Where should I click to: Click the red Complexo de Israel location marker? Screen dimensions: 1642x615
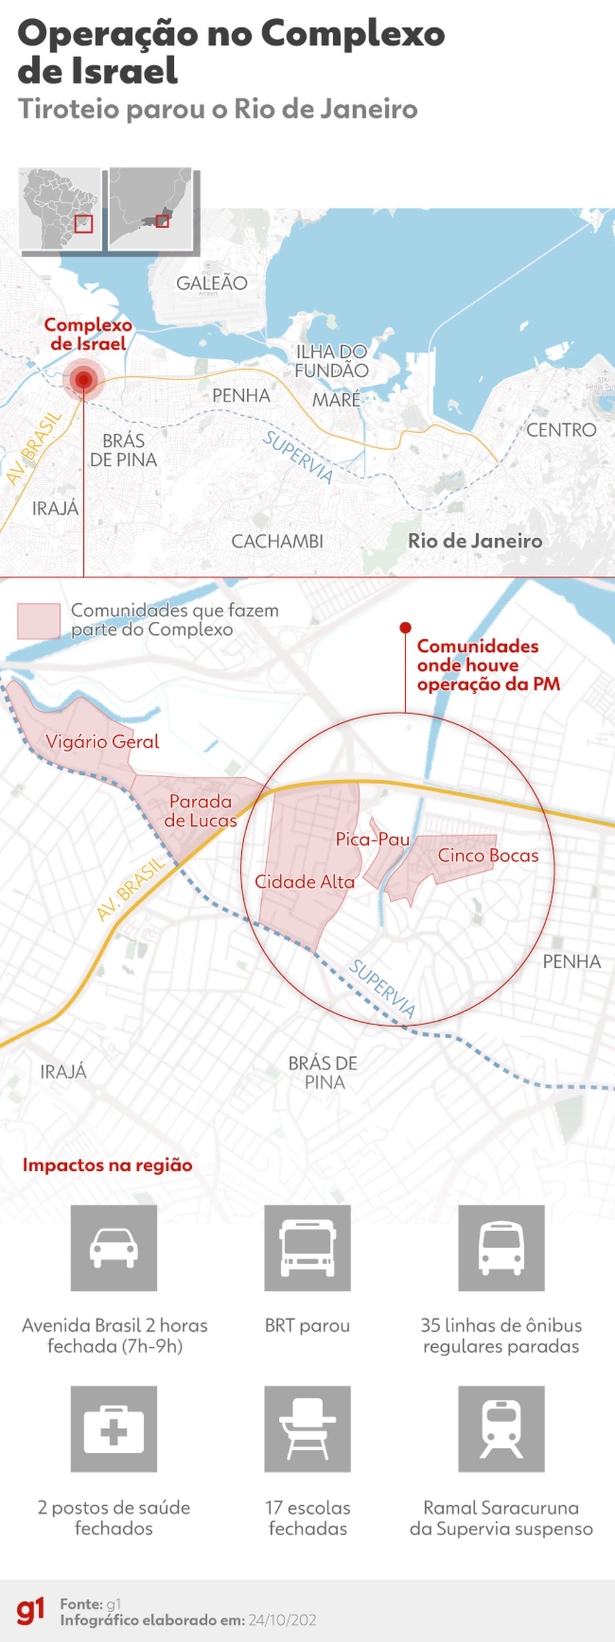83,380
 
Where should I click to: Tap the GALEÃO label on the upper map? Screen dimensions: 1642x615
211,283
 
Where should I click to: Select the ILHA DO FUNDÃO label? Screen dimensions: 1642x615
331,361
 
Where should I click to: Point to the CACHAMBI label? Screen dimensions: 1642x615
277,541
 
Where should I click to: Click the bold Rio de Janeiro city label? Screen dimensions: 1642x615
474,541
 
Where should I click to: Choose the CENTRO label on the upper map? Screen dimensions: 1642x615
561,430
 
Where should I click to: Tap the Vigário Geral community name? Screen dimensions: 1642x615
102,741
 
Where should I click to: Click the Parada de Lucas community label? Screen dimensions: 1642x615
201,810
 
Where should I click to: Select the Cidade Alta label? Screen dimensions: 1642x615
304,882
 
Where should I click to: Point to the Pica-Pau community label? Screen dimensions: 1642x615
372,839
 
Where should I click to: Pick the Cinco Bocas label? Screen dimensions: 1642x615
488,855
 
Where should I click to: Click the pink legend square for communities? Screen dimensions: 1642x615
39,621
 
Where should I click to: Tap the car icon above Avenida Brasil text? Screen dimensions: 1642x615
114,1247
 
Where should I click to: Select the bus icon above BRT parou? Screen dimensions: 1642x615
307,1247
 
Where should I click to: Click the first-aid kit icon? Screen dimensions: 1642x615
114,1428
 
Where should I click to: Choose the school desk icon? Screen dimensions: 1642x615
307,1428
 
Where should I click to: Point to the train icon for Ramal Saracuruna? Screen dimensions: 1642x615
501,1428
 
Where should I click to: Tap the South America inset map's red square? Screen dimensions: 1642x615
84,224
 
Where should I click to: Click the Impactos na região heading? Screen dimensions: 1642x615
107,1165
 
